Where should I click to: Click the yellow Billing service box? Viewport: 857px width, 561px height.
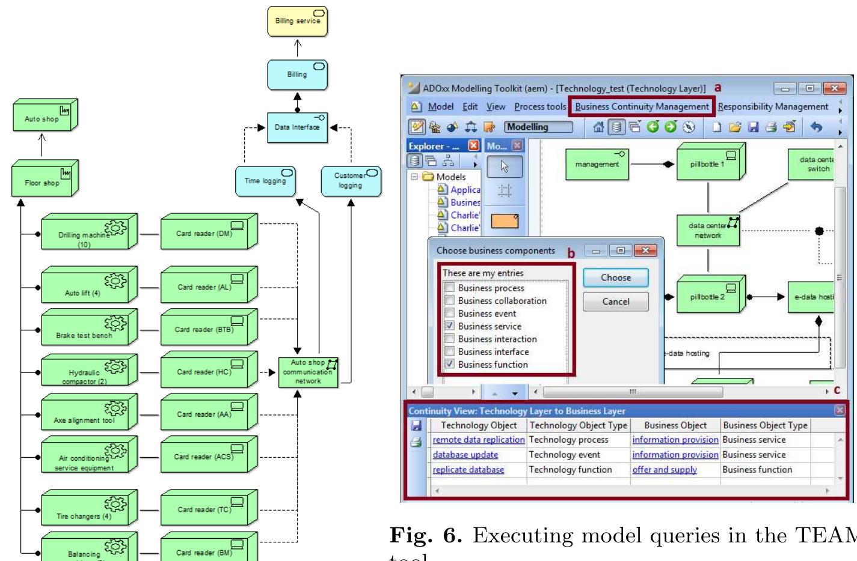tap(297, 22)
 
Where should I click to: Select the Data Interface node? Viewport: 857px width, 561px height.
tap(297, 127)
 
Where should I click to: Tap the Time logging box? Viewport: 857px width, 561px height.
tap(265, 181)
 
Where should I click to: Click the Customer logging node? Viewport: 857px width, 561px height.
tap(351, 181)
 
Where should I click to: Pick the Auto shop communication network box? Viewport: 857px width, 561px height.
tap(308, 372)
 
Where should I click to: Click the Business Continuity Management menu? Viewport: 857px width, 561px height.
tap(642, 106)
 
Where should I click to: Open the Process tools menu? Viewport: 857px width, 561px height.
tap(540, 106)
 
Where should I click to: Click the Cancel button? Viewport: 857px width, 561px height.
tap(615, 302)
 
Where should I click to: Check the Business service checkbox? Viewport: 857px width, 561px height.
tap(449, 326)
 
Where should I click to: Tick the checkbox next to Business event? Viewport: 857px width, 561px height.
tap(449, 313)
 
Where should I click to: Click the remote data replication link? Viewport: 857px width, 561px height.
tap(479, 440)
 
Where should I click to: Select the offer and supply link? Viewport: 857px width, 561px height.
tap(664, 470)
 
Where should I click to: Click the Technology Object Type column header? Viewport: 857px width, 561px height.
tap(578, 425)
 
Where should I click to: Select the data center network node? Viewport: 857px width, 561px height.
tap(708, 231)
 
